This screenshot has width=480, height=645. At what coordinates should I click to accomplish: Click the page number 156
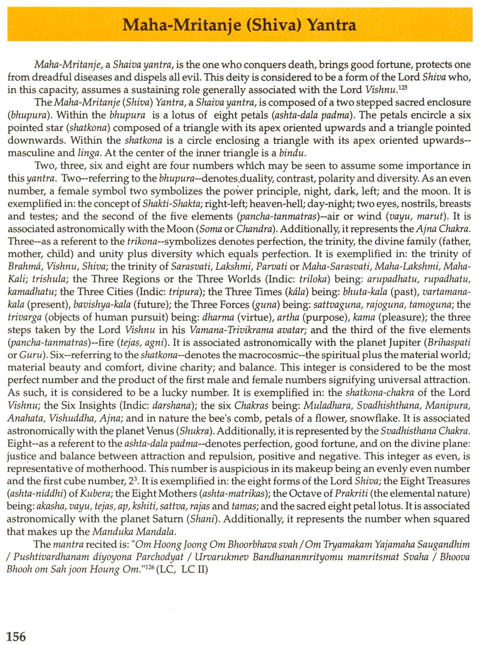(17, 636)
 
